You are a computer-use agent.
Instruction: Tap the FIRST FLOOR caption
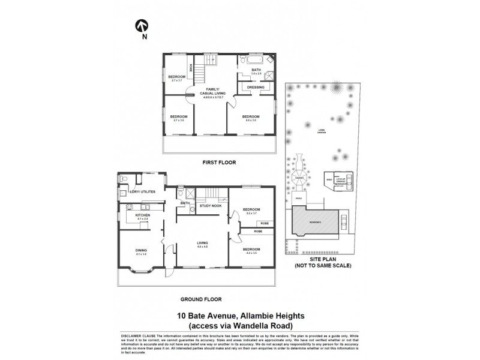point(218,163)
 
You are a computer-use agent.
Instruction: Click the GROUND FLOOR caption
point(201,298)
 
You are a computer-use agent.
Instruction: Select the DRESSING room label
point(256,87)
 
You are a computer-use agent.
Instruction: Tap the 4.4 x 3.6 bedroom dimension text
point(251,121)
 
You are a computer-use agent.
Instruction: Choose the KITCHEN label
point(142,215)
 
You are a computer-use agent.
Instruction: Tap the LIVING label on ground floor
point(203,242)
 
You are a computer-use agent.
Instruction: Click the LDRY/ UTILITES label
point(143,191)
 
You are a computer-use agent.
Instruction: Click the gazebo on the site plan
point(299,178)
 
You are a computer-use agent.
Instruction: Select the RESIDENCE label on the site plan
point(315,221)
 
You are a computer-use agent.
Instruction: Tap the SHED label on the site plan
point(329,178)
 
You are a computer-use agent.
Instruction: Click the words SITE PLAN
point(322,260)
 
